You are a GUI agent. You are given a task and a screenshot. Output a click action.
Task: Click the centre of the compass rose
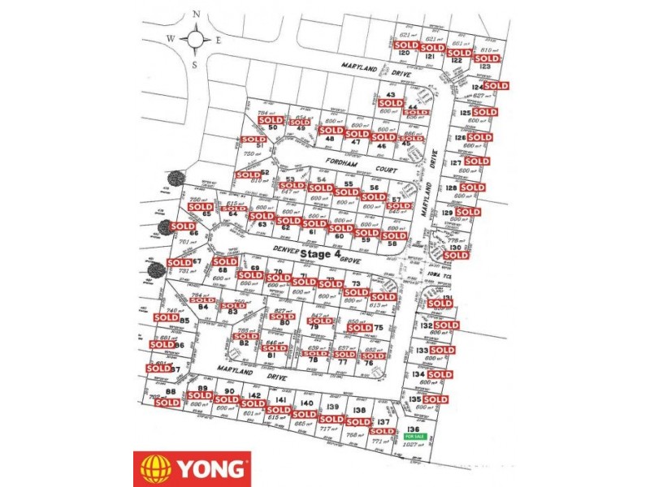197,38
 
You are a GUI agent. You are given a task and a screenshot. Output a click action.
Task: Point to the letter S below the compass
194,65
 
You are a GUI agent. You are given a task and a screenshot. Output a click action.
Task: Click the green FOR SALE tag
414,437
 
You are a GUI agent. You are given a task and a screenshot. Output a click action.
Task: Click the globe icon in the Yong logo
155,468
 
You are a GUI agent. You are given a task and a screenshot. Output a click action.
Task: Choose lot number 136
414,428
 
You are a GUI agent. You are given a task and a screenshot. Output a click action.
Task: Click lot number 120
404,54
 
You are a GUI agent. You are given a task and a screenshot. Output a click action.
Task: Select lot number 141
280,400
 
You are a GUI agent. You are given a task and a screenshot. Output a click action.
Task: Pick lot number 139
332,407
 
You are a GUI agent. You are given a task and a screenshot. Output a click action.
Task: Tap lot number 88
171,391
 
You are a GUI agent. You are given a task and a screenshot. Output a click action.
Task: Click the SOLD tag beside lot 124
496,85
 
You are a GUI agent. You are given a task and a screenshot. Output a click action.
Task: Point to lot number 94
205,308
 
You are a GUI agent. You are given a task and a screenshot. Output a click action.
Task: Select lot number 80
284,323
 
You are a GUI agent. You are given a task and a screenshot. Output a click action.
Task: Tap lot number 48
329,139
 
